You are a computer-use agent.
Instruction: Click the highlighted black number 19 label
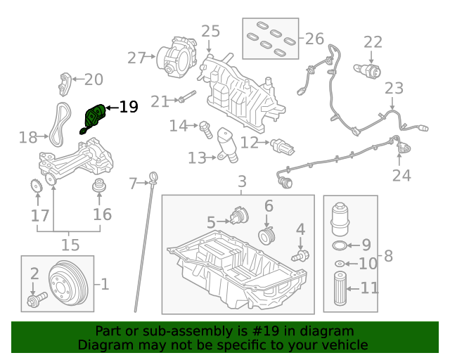pyautogui.click(x=128, y=107)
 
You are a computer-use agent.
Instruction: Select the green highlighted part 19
pyautogui.click(x=94, y=117)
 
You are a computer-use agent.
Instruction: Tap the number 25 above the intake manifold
pyautogui.click(x=210, y=32)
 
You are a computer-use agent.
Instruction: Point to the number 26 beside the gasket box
pyautogui.click(x=314, y=37)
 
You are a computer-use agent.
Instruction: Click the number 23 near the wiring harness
pyautogui.click(x=394, y=89)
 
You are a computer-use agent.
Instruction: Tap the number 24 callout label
pyautogui.click(x=401, y=175)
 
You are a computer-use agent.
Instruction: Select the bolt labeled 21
pyautogui.click(x=184, y=98)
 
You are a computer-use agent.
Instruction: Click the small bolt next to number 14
pyautogui.click(x=205, y=128)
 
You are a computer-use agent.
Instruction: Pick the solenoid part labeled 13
pyautogui.click(x=226, y=144)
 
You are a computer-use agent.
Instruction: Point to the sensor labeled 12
pyautogui.click(x=281, y=146)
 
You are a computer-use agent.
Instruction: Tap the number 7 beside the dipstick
pyautogui.click(x=134, y=184)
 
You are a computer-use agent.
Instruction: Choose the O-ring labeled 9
pyautogui.click(x=339, y=245)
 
